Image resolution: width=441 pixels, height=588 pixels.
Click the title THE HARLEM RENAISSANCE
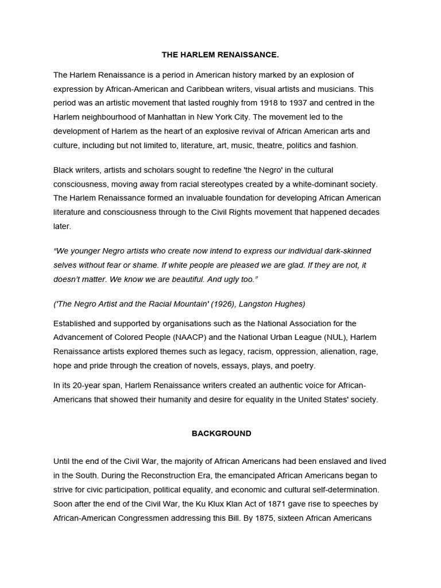(x=220, y=55)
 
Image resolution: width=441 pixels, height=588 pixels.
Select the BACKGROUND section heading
(x=221, y=434)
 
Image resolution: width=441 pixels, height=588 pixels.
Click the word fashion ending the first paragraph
(x=343, y=145)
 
